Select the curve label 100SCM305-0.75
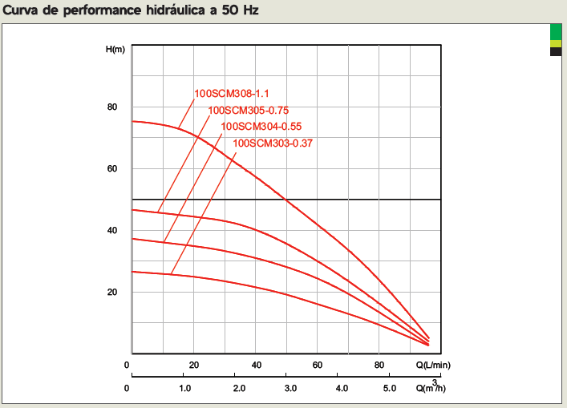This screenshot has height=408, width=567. coord(248,111)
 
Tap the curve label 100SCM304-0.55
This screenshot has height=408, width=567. coord(261,126)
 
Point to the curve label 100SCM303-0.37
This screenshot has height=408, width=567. coord(273,143)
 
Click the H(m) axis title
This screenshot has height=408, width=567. coord(116,50)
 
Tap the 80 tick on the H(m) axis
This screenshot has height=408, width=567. coord(112,107)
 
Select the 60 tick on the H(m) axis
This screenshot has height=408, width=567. coord(112,169)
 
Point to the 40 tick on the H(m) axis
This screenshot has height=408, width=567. coord(112,231)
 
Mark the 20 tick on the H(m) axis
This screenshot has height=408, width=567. coord(112,292)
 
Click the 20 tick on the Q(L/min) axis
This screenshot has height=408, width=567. coord(193,366)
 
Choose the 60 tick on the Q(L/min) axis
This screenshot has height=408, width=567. coord(318,366)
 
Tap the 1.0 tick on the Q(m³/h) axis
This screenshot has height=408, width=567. coord(184,389)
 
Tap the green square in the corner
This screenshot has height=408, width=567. coord(555,31)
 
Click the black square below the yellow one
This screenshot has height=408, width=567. coord(555,52)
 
